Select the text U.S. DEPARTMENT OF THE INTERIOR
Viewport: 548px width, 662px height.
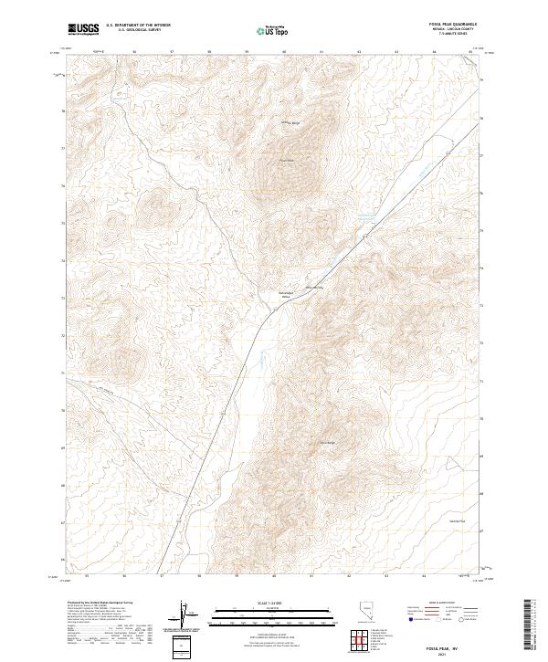(138, 26)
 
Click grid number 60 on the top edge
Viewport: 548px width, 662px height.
(285, 51)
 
